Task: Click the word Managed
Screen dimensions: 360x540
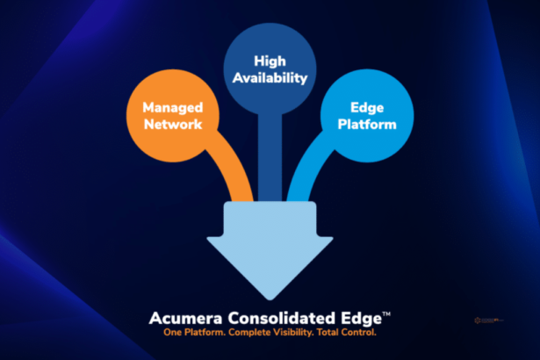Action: coord(174,107)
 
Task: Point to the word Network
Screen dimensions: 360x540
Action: coord(174,124)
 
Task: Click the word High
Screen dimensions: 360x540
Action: coord(270,61)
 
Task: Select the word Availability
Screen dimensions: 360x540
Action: coord(270,77)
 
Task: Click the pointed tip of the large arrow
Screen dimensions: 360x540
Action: coord(269,297)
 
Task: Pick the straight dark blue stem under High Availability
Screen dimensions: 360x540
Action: coord(270,158)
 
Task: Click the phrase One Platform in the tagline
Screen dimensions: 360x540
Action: coord(196,333)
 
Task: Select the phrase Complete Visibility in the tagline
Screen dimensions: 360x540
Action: coord(273,333)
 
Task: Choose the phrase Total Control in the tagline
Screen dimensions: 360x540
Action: coord(348,333)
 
